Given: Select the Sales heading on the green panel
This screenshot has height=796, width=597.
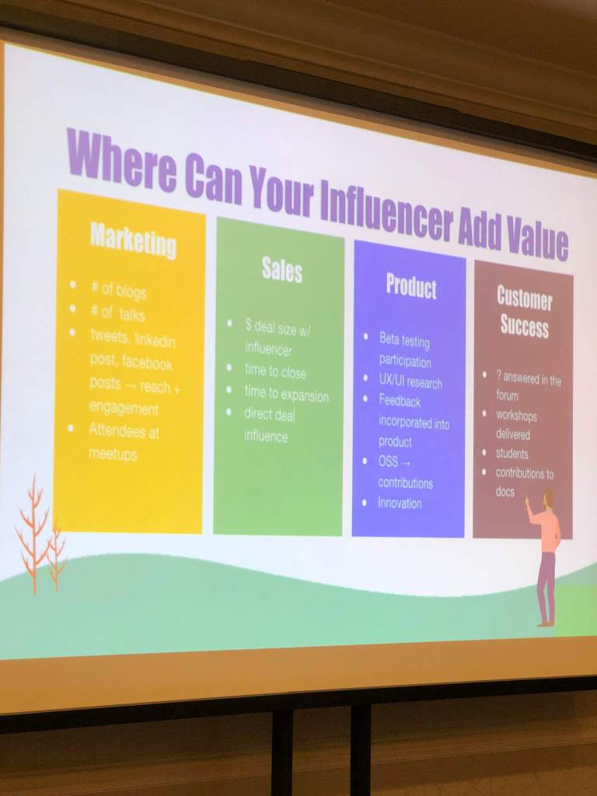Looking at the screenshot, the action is [281, 269].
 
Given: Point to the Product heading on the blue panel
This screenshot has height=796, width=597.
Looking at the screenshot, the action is [411, 286].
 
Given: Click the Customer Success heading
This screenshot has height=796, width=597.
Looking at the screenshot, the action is [524, 312].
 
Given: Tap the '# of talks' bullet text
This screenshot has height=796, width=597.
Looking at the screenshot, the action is [117, 313].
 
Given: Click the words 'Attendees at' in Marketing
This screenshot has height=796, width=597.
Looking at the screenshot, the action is [124, 431].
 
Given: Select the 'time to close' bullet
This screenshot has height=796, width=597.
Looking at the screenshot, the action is [275, 371].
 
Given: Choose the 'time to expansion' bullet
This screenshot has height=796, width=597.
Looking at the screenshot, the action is [286, 393].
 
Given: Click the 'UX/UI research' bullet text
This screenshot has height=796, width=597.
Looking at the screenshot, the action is [410, 381].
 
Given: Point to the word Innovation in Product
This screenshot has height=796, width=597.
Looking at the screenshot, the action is [400, 503].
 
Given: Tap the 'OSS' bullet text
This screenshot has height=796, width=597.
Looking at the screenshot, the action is [389, 462].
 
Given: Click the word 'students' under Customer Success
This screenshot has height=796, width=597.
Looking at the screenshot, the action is [512, 453].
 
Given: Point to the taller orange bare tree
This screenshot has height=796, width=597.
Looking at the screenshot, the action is [33, 533].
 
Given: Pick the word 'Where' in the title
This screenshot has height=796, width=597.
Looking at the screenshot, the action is [122, 157].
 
